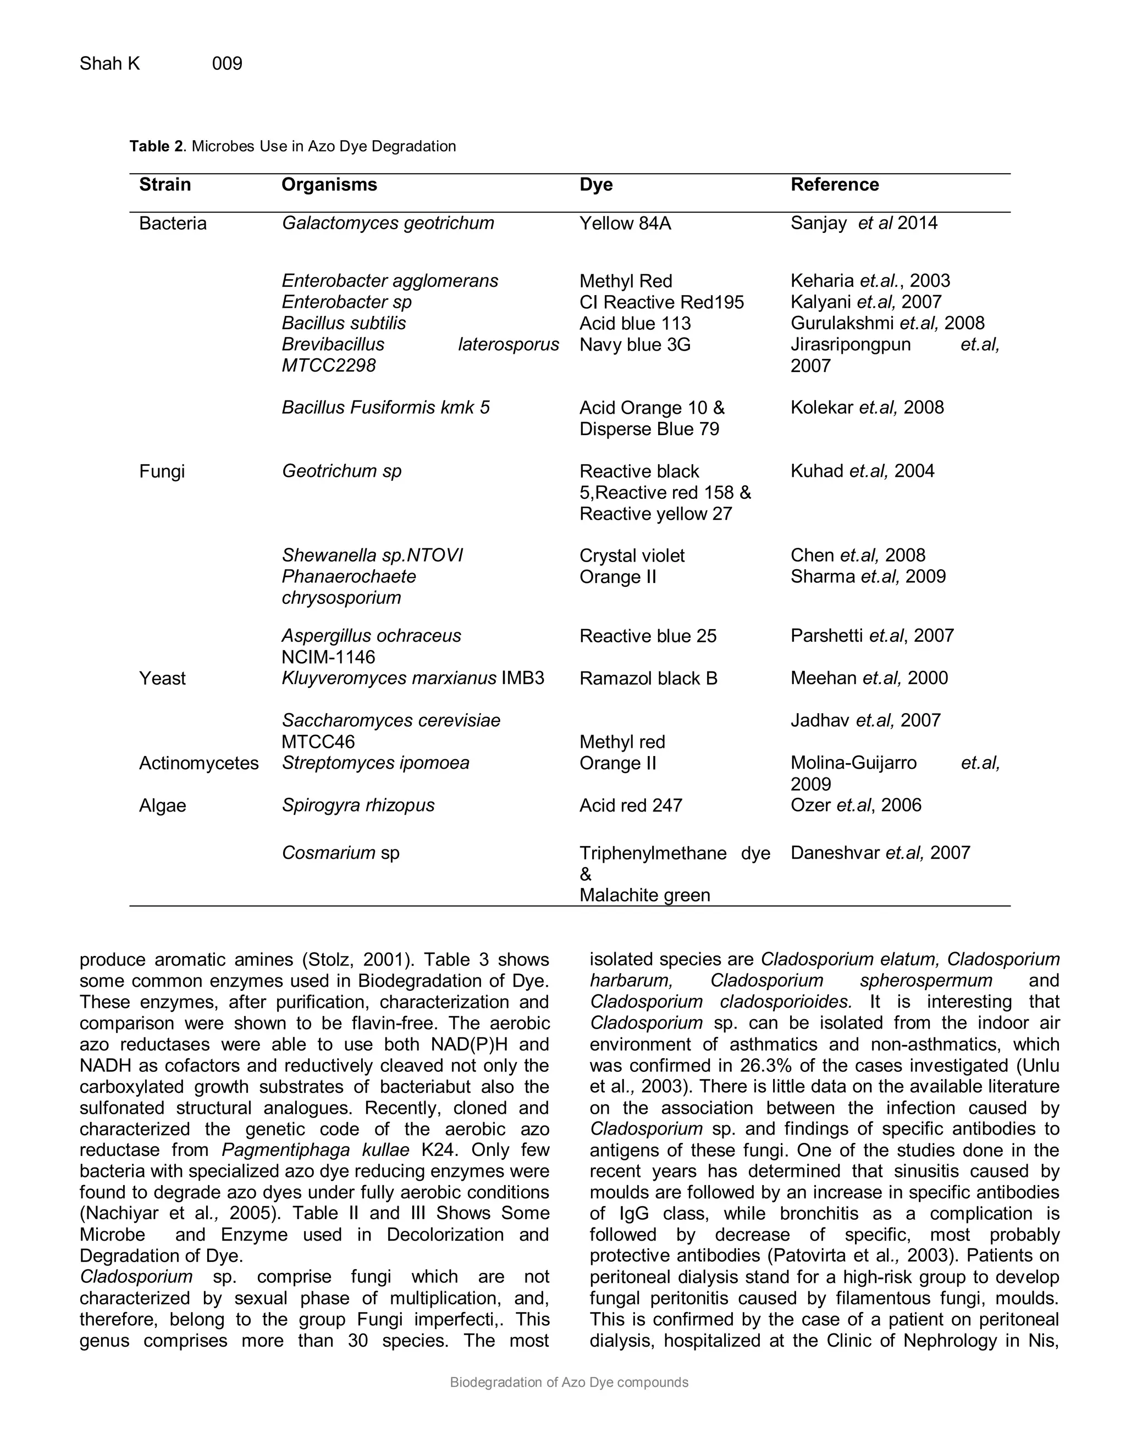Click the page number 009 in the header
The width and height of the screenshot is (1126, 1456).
[x=227, y=63]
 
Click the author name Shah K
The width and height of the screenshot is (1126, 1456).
[x=109, y=63]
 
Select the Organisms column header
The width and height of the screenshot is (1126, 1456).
[x=329, y=185]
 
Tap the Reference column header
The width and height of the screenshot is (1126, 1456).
[x=834, y=185]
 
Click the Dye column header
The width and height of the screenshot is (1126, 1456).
[x=595, y=185]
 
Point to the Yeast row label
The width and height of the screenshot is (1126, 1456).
[x=162, y=679]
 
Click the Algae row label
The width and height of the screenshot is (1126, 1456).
[x=162, y=805]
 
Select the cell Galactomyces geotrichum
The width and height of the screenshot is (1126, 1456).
[x=388, y=223]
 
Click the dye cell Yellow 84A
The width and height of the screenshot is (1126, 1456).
[x=625, y=223]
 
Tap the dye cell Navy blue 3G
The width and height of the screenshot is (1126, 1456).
[x=634, y=344]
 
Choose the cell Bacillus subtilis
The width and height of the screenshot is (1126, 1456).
[x=344, y=323]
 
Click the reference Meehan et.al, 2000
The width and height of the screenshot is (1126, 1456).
[x=869, y=679]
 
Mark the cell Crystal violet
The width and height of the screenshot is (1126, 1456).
[x=632, y=556]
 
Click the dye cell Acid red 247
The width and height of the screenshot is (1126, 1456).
[x=631, y=805]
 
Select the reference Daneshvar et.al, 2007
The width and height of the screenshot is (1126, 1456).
[x=880, y=853]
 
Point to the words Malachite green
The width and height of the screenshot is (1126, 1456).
[x=644, y=896]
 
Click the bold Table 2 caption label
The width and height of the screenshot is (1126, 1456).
[x=156, y=147]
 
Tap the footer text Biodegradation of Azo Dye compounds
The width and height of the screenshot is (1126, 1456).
[x=569, y=1383]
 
